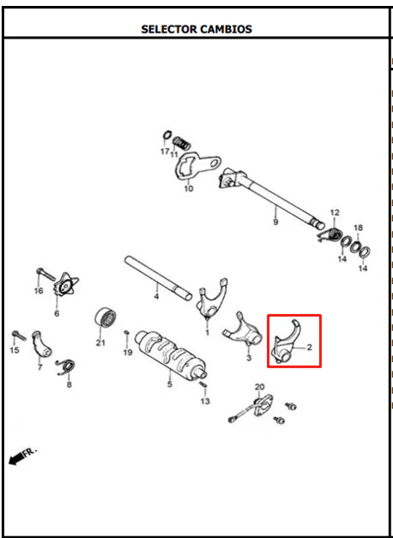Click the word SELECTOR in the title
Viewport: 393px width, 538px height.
(x=169, y=29)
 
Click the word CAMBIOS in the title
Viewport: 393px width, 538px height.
(x=226, y=29)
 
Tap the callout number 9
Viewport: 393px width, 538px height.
(x=275, y=222)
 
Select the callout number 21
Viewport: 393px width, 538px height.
(x=100, y=342)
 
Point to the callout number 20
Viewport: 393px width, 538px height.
(x=259, y=387)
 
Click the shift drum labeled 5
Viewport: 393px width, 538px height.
(x=172, y=355)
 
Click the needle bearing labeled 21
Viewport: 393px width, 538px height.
(x=106, y=318)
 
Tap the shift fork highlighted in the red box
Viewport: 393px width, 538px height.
(x=287, y=344)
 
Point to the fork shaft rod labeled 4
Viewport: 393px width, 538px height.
(x=158, y=278)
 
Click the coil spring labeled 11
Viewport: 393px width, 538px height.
(x=181, y=143)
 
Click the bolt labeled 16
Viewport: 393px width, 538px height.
(x=45, y=274)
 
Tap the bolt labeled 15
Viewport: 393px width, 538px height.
(x=19, y=335)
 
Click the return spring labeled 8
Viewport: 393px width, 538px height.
(x=66, y=367)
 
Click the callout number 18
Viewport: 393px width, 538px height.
(x=358, y=227)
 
